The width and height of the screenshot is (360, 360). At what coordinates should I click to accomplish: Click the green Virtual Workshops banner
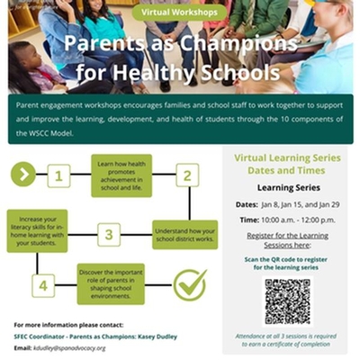pos(180,13)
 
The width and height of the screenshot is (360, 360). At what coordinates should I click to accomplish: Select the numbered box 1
pos(60,175)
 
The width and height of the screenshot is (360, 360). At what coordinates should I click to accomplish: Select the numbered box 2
pos(186,175)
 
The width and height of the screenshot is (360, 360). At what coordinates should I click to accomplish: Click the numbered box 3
pos(107,236)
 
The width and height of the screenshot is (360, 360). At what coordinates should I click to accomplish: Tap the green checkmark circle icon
pos(190,285)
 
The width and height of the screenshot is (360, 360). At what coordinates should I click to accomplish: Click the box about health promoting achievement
pos(121,175)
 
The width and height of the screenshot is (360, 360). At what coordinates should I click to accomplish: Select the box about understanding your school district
pos(184,233)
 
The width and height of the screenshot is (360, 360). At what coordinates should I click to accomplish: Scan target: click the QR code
pos(287,301)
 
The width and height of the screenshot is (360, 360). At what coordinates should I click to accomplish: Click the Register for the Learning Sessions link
pos(287,239)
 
